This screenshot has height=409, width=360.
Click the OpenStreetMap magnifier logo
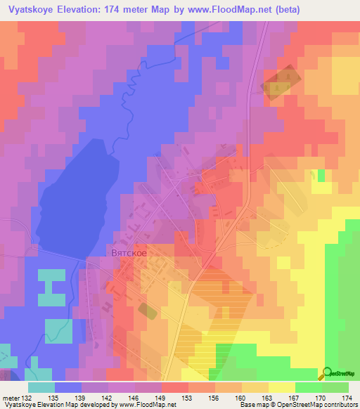coord(327,374)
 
